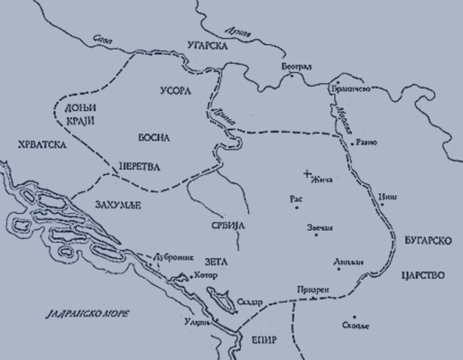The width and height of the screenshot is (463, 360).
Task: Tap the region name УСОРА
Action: click(176, 90)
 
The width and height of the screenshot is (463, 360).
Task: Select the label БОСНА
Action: click(155, 138)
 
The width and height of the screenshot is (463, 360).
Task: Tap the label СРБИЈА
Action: click(226, 225)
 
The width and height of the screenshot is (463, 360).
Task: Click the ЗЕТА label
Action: click(215, 261)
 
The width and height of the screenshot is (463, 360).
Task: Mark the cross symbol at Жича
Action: click(306, 174)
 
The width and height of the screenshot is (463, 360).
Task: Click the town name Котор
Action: click(205, 275)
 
